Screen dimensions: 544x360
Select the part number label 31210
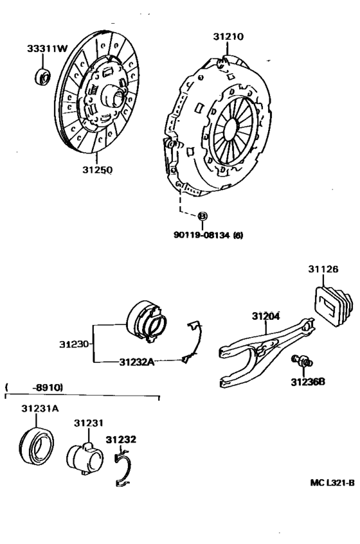click(x=228, y=37)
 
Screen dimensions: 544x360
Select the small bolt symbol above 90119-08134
click(x=201, y=216)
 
